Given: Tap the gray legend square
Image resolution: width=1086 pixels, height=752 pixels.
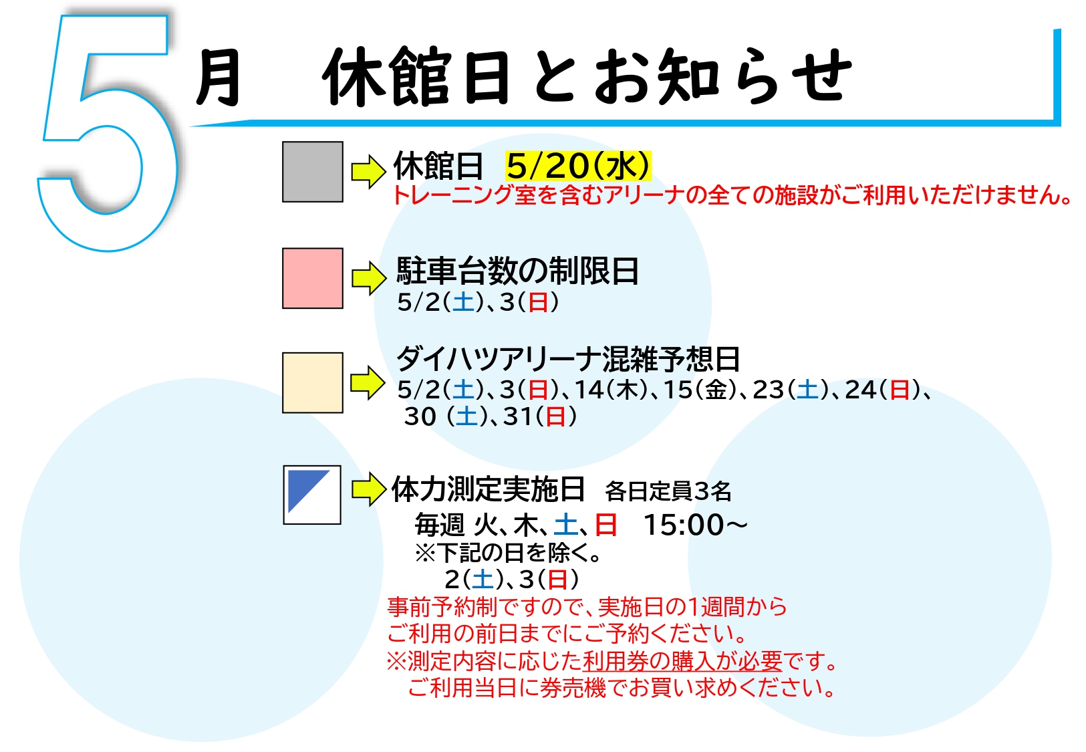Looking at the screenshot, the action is click(x=313, y=172).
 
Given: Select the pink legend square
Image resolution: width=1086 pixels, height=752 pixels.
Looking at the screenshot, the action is click(x=313, y=278).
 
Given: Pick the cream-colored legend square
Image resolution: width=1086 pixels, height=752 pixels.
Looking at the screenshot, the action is click(x=313, y=382).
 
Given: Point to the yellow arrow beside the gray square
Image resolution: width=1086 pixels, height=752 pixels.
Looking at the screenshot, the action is click(x=369, y=171).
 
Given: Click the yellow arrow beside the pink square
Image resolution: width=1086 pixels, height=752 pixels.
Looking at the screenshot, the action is click(x=369, y=278).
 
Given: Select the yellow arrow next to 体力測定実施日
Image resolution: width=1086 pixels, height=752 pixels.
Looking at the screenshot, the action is click(x=369, y=489).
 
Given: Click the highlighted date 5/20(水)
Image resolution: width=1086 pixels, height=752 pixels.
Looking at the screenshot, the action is click(x=578, y=166).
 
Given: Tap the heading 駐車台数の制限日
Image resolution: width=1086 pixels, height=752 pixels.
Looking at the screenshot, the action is click(x=517, y=271).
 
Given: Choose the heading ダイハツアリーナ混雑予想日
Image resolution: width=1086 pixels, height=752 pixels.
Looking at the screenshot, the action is click(x=568, y=359).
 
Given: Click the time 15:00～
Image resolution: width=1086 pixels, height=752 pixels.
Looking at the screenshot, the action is click(x=695, y=525).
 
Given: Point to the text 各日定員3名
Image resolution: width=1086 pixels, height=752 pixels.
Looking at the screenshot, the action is click(x=668, y=491).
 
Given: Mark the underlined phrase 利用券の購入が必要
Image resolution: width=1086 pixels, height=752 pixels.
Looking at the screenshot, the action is click(x=682, y=661).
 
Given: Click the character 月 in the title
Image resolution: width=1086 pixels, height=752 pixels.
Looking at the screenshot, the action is click(x=218, y=78).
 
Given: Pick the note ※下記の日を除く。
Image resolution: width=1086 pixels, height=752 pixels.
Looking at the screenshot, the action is click(x=508, y=553).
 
